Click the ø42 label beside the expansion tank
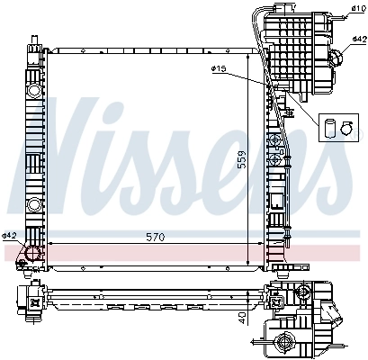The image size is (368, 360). (x=358, y=40)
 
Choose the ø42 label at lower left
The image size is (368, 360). (x=10, y=236)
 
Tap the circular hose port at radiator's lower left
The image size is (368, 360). (x=33, y=255)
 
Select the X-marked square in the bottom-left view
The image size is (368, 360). (x=36, y=303)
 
